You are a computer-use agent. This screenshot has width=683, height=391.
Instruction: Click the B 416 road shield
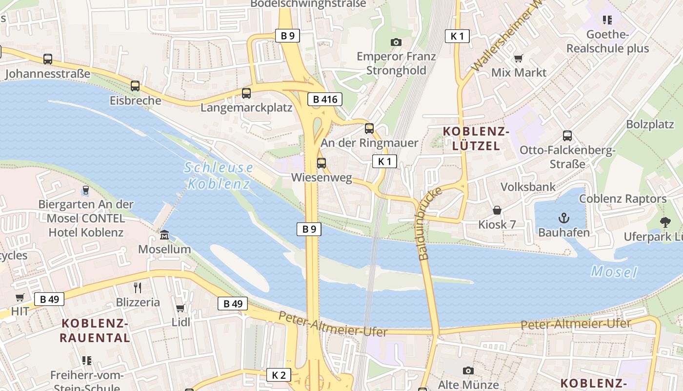click(325, 100)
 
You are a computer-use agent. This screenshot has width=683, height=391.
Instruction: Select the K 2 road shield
click(279, 375)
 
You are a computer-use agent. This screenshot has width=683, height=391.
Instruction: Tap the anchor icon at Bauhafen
click(564, 218)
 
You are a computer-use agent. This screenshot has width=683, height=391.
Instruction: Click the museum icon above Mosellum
click(164, 235)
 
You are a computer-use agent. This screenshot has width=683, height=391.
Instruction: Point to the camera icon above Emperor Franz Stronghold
click(396, 43)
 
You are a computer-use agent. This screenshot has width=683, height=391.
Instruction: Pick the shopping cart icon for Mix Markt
click(519, 59)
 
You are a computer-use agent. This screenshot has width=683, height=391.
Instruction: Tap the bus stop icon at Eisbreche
click(135, 86)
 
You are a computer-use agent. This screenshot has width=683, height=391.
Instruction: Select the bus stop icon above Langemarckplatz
click(246, 93)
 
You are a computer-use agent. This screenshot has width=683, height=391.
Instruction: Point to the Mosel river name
click(614, 271)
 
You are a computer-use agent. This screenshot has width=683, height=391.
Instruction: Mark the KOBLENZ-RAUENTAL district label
click(95, 330)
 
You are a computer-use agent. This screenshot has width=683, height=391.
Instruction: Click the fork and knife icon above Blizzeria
click(138, 288)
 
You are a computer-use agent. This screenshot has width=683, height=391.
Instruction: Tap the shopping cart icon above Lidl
click(181, 308)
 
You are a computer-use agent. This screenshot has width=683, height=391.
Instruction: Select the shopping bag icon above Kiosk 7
click(497, 210)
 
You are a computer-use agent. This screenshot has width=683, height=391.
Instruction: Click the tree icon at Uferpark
click(665, 222)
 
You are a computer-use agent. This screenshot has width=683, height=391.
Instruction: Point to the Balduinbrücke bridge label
click(429, 223)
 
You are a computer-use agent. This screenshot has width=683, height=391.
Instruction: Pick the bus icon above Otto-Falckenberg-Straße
click(567, 135)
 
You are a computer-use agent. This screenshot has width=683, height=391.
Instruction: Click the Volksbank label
click(528, 187)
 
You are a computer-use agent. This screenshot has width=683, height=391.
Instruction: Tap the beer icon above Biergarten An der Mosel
click(86, 190)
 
